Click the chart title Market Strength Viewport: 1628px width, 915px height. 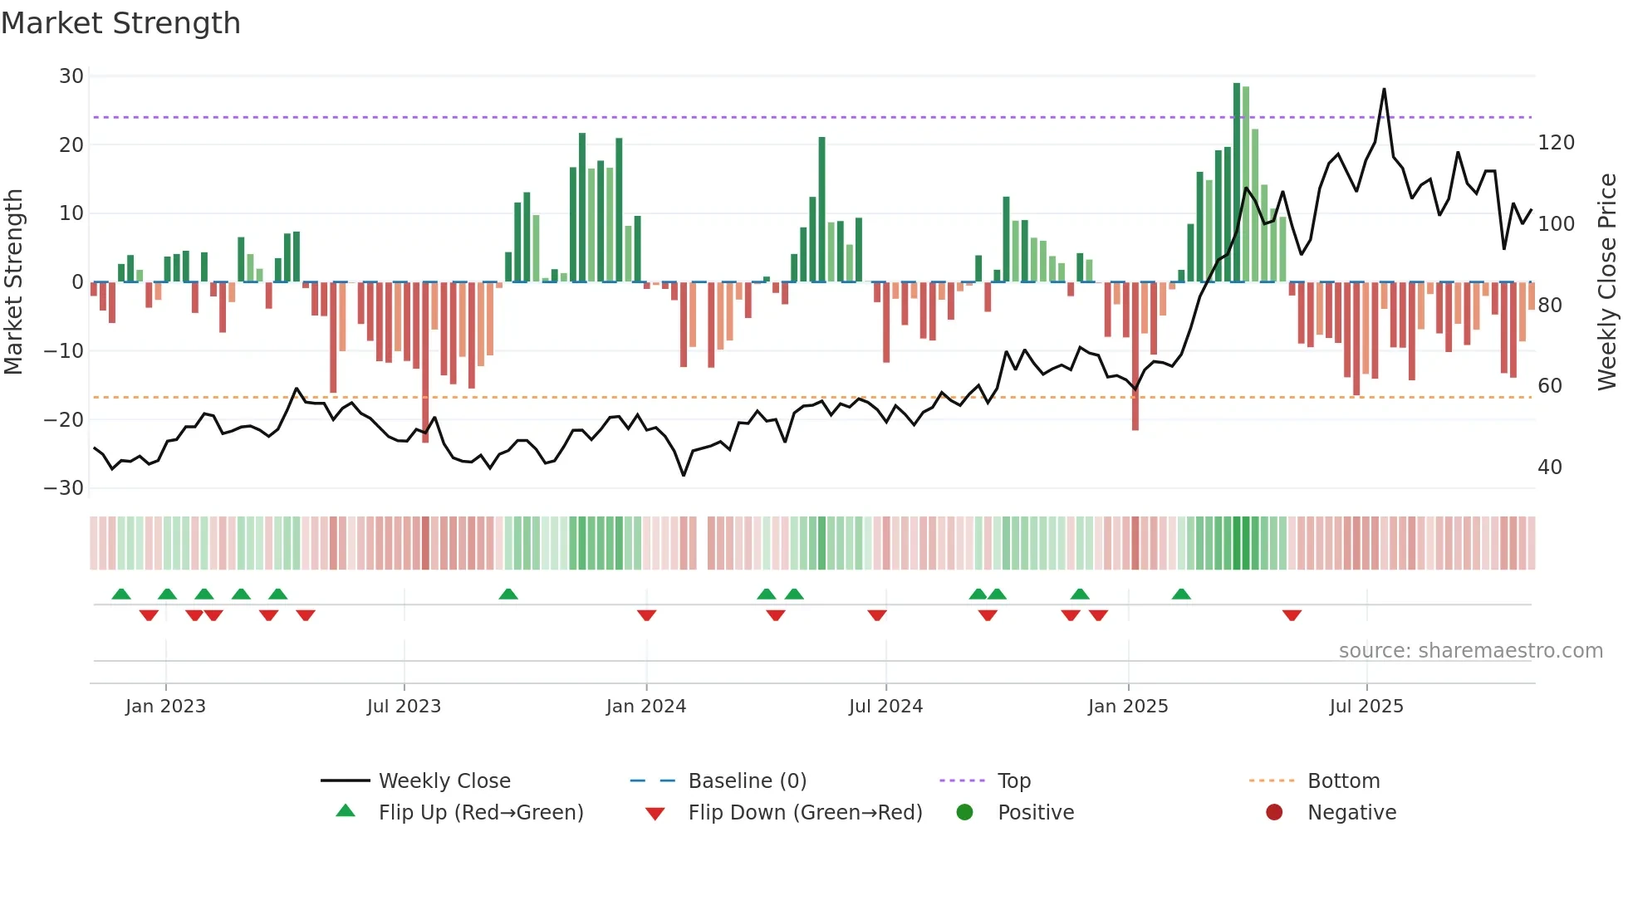tap(120, 23)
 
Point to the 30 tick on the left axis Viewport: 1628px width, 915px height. tap(71, 76)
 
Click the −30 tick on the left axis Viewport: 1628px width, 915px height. tap(64, 488)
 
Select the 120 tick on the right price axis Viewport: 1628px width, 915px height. tap(1556, 143)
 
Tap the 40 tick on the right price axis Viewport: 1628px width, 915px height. tap(1549, 467)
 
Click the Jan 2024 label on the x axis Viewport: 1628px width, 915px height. tap(645, 707)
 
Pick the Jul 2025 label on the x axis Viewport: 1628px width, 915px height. tap(1366, 707)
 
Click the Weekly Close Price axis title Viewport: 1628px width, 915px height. tap(1607, 282)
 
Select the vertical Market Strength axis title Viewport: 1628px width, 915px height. tap(14, 282)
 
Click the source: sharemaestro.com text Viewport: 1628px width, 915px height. tap(1470, 651)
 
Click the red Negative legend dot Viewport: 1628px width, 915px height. tap(1274, 812)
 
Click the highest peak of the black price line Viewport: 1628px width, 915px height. tap(1384, 90)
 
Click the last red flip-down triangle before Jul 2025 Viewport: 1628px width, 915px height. tap(1292, 615)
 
